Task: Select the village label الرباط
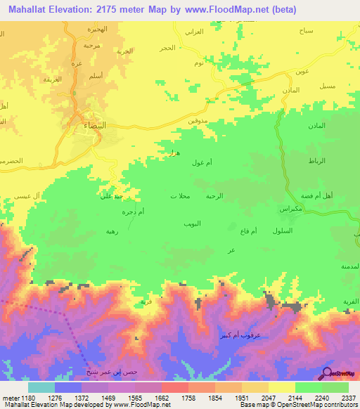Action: (x=316, y=161)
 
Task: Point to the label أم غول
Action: (x=201, y=163)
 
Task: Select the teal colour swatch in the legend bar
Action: (x=41, y=387)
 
